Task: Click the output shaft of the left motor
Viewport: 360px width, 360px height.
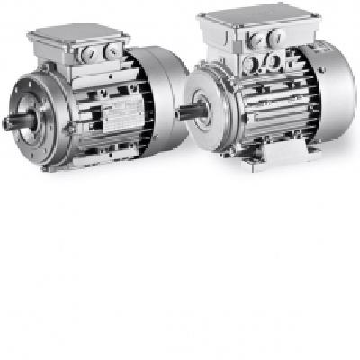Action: pos(13,121)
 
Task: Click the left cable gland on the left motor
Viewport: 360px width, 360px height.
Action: pos(87,54)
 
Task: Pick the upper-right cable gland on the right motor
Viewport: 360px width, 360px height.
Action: pos(278,38)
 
